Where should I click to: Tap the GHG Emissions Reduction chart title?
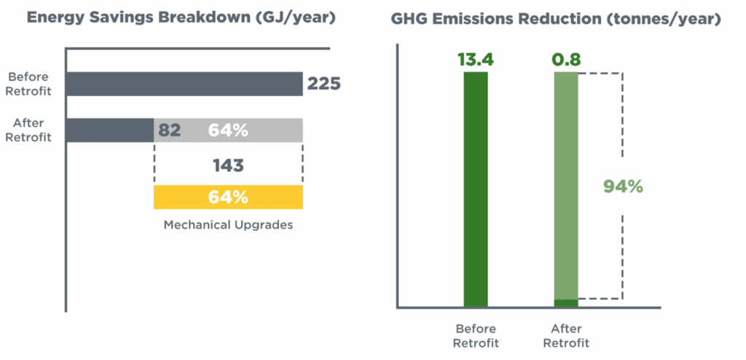[x=555, y=20]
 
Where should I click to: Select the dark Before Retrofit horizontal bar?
[x=184, y=84]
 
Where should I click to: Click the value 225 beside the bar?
[x=323, y=84]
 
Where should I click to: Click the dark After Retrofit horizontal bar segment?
[x=109, y=130]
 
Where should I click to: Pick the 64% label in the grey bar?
[x=228, y=130]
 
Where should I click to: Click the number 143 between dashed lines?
[x=228, y=165]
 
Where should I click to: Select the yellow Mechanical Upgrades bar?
[x=228, y=197]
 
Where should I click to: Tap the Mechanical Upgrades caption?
[x=228, y=224]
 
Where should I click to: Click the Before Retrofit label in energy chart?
[x=29, y=84]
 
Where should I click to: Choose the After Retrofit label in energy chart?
[x=29, y=130]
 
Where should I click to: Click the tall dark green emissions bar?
[x=476, y=189]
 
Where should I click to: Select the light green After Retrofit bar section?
[x=566, y=182]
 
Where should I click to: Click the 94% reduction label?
[x=623, y=187]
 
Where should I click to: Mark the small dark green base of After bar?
[x=566, y=303]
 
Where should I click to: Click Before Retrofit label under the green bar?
[x=476, y=336]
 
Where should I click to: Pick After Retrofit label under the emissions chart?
[x=566, y=336]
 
